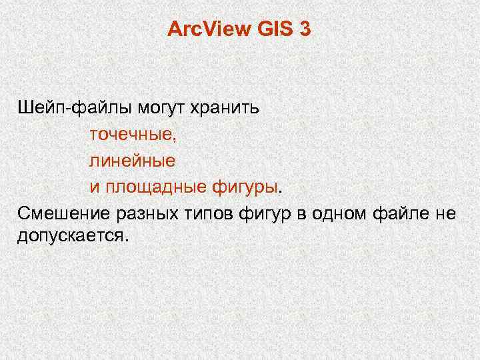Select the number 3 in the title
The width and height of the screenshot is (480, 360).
click(x=305, y=29)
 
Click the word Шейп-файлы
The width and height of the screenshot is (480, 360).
click(x=76, y=107)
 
